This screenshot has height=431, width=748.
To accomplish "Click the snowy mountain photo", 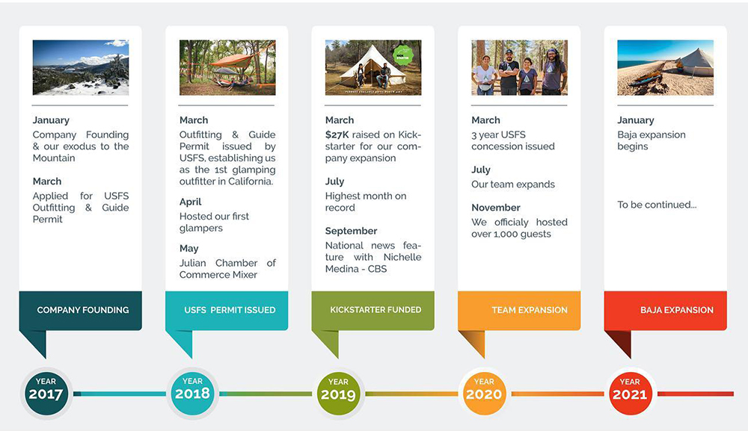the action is tap(81, 67).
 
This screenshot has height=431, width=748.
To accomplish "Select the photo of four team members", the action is tap(519, 67).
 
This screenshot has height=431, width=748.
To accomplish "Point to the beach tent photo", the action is tap(665, 67).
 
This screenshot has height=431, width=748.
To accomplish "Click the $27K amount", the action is tap(337, 135).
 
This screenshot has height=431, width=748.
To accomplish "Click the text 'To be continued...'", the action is tap(657, 205).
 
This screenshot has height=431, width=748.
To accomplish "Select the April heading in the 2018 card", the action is tap(190, 202).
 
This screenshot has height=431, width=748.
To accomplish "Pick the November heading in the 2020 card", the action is tap(496, 208).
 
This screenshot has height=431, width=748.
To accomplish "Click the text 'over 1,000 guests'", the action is tap(511, 234).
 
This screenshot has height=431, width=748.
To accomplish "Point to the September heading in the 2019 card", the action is tap(351, 231).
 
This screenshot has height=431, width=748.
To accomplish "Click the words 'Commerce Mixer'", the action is tap(218, 275).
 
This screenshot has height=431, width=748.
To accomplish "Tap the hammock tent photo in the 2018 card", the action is tap(227, 67).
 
